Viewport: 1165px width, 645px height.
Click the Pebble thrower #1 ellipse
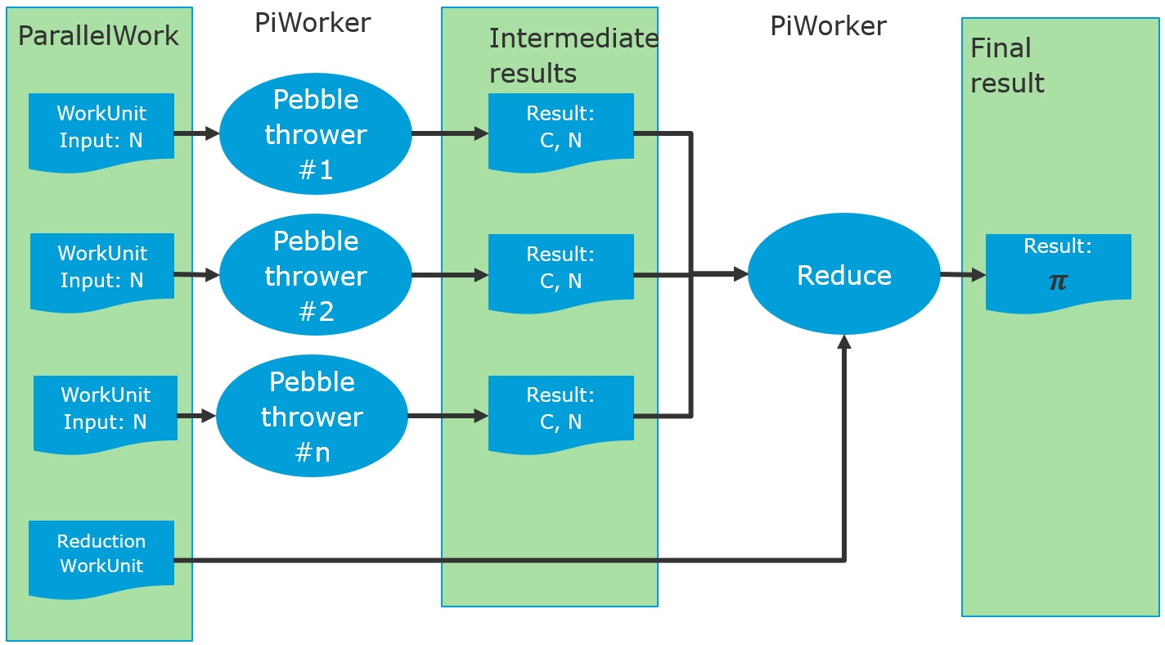[x=315, y=134]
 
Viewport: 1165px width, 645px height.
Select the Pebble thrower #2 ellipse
[x=315, y=276]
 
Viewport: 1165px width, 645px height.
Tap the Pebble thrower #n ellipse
[x=312, y=417]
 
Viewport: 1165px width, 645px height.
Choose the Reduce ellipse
[x=844, y=275]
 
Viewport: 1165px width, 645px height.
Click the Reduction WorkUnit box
[x=101, y=554]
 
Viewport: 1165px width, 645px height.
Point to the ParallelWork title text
[x=98, y=37]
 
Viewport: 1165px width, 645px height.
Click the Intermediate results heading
[x=573, y=56]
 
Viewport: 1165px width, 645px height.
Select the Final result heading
[x=1007, y=65]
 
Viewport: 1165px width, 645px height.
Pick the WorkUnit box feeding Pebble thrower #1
[x=101, y=128]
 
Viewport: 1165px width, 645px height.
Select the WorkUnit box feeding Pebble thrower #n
[x=106, y=409]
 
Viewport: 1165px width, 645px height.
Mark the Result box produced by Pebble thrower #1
[x=561, y=129]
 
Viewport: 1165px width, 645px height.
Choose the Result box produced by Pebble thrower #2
[x=561, y=269]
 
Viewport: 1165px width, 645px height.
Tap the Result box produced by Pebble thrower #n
[x=561, y=410]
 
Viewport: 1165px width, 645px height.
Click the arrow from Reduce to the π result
[x=962, y=276]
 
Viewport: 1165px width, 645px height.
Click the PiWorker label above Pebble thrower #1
[x=313, y=23]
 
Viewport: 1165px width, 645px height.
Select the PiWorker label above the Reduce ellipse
[x=828, y=26]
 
